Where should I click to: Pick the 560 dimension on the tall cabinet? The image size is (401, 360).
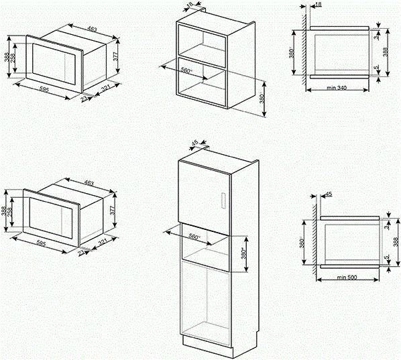click(194, 237)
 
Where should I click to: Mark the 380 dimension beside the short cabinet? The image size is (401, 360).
click(263, 97)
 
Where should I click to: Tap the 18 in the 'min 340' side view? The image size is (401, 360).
click(317, 5)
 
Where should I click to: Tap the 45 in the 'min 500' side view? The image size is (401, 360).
click(329, 194)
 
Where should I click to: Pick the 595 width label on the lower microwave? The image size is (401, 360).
click(36, 242)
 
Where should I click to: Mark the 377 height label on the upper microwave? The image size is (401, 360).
click(115, 58)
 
